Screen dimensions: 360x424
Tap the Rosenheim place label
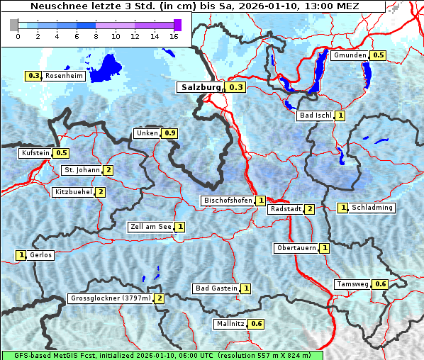pos(63,76)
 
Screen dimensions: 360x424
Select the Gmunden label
pos(350,55)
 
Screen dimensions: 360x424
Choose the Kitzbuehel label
pos(72,192)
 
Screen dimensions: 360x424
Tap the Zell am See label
pos(150,227)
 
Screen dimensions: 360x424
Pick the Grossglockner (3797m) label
pos(111,298)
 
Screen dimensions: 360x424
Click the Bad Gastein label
pos(216,288)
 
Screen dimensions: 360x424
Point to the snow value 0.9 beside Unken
pos(169,133)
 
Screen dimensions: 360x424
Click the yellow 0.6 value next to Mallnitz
pos(256,324)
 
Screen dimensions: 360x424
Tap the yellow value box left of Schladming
pos(343,208)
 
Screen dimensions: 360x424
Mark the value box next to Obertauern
pos(324,248)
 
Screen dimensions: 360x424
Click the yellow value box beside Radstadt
pos(309,209)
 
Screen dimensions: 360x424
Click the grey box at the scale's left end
pos(13,25)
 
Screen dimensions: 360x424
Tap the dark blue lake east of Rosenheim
pos(108,65)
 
